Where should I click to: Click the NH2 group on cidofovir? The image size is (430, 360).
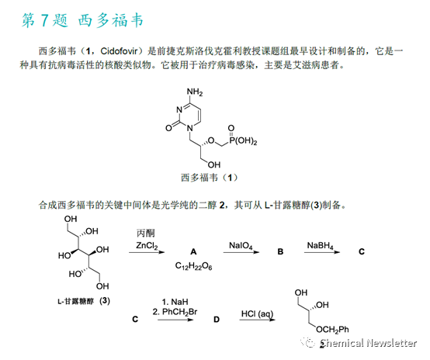point(195,92)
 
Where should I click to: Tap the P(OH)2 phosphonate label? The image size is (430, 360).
point(243,141)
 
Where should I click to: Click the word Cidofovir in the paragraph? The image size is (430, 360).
point(119,51)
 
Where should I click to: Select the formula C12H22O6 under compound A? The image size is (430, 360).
point(193,266)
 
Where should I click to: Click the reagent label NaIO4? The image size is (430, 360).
point(241,245)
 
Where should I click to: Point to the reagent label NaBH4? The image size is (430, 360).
point(320,245)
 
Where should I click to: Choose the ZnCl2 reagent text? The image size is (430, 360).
point(147,245)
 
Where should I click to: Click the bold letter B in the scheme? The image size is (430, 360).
point(280,251)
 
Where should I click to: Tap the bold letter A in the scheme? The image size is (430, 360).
point(193,251)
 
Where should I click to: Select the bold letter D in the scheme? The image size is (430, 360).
point(217,320)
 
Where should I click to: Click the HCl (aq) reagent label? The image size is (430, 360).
point(257,313)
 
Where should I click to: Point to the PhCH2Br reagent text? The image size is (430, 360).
point(179,312)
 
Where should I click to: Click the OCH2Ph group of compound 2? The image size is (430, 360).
point(332,330)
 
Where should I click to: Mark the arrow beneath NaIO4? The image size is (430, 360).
point(241,252)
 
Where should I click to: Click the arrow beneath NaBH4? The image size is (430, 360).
point(322,252)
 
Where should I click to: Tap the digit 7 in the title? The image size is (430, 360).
point(44,20)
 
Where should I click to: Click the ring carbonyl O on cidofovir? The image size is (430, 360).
point(168,128)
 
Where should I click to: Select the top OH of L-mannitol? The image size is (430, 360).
point(71,219)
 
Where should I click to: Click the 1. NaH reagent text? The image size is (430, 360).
point(175,302)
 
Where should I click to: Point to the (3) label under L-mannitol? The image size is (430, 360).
point(105,301)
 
